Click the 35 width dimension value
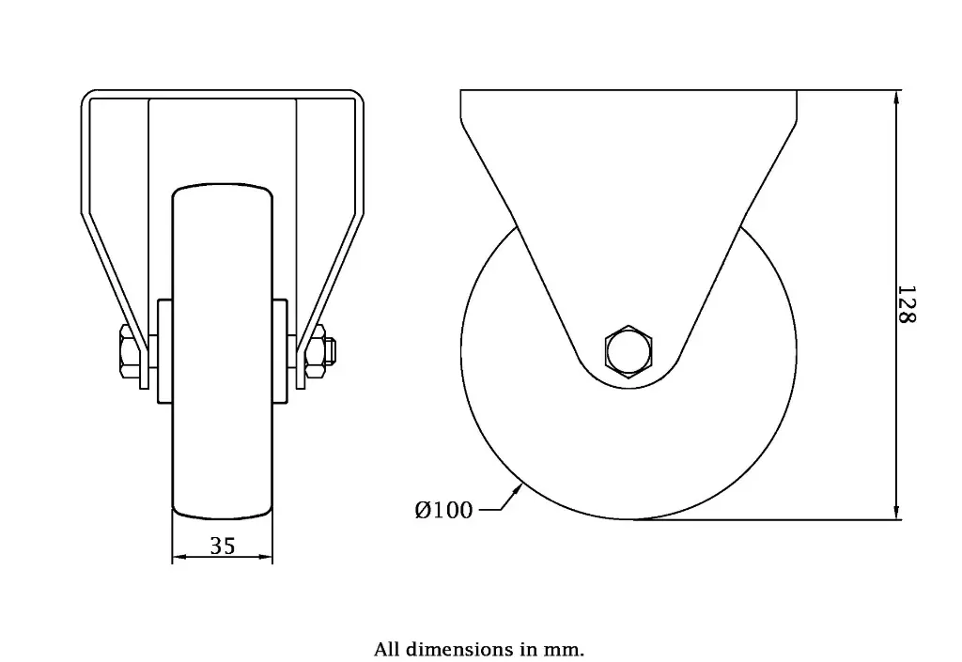pyautogui.click(x=223, y=546)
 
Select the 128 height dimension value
pyautogui.click(x=906, y=304)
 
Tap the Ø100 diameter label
pyautogui.click(x=443, y=510)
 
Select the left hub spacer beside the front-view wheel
pyautogui.click(x=164, y=350)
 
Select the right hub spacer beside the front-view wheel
pyautogui.click(x=281, y=350)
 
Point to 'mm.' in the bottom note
pyautogui.click(x=566, y=649)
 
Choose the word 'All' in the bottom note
pyautogui.click(x=386, y=649)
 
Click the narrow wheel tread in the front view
pyautogui.click(x=223, y=441)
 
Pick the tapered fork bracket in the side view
pyautogui.click(x=628, y=188)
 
